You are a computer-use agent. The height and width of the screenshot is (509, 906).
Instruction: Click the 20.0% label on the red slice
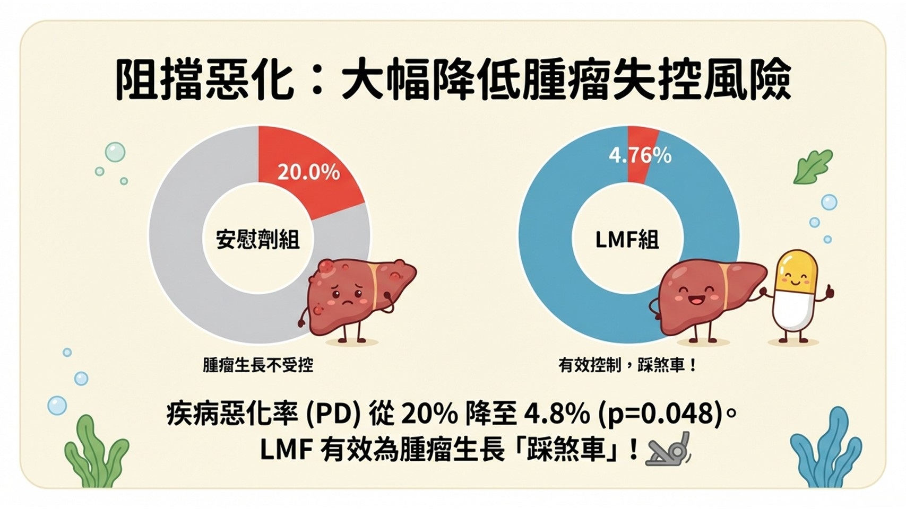(308, 172)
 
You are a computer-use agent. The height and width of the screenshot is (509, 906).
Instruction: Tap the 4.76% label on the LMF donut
(640, 155)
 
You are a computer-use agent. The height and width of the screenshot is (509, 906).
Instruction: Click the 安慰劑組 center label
(258, 240)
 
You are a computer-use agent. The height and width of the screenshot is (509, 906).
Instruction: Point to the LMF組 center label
(627, 240)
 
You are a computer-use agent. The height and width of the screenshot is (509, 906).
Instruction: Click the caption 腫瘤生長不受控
(258, 365)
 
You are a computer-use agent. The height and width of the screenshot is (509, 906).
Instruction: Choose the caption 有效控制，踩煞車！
(627, 365)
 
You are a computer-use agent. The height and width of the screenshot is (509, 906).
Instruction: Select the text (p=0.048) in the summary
(660, 414)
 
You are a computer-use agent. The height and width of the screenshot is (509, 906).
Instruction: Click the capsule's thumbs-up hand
(829, 291)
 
